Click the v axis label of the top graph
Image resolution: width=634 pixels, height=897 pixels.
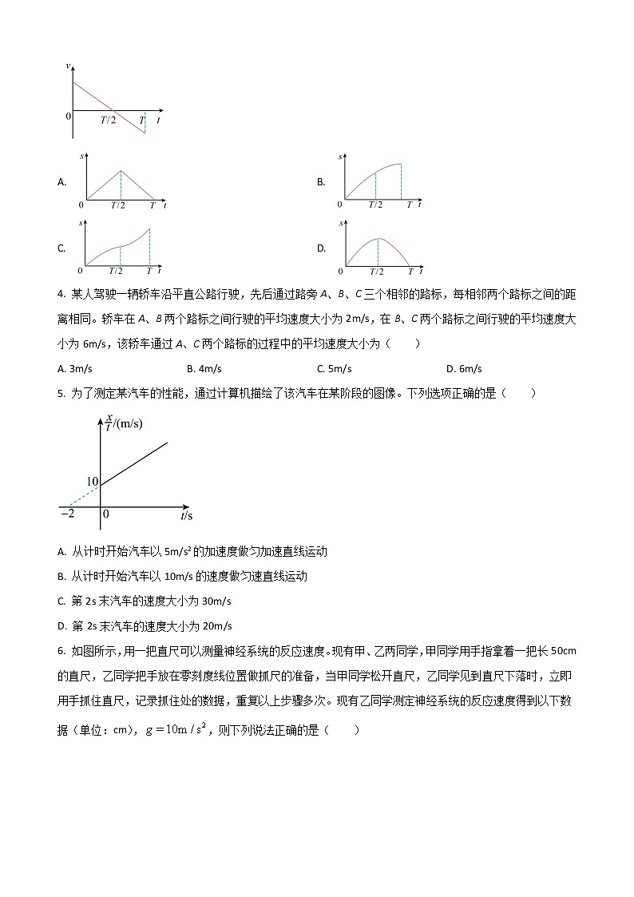point(69,65)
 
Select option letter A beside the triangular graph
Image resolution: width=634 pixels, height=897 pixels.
point(61,182)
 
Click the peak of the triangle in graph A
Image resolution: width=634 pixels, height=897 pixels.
point(121,170)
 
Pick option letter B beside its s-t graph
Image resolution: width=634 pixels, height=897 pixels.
point(320,182)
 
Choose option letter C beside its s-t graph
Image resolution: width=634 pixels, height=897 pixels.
point(61,248)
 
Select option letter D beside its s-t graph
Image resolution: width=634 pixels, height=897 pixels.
point(320,248)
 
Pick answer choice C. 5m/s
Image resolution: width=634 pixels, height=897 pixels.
point(334,368)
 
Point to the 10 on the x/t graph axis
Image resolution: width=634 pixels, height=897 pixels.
point(91,482)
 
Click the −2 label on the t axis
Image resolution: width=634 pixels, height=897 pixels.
point(68,514)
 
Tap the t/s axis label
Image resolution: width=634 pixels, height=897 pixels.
point(187,516)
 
